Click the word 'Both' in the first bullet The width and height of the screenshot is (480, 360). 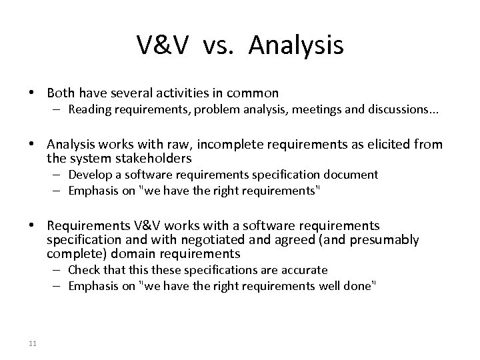(x=62, y=93)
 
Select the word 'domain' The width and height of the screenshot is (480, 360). (x=122, y=253)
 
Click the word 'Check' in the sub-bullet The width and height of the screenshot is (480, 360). (x=83, y=270)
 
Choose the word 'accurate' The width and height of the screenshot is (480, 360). (x=305, y=270)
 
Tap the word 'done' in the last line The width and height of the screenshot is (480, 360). (x=362, y=285)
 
